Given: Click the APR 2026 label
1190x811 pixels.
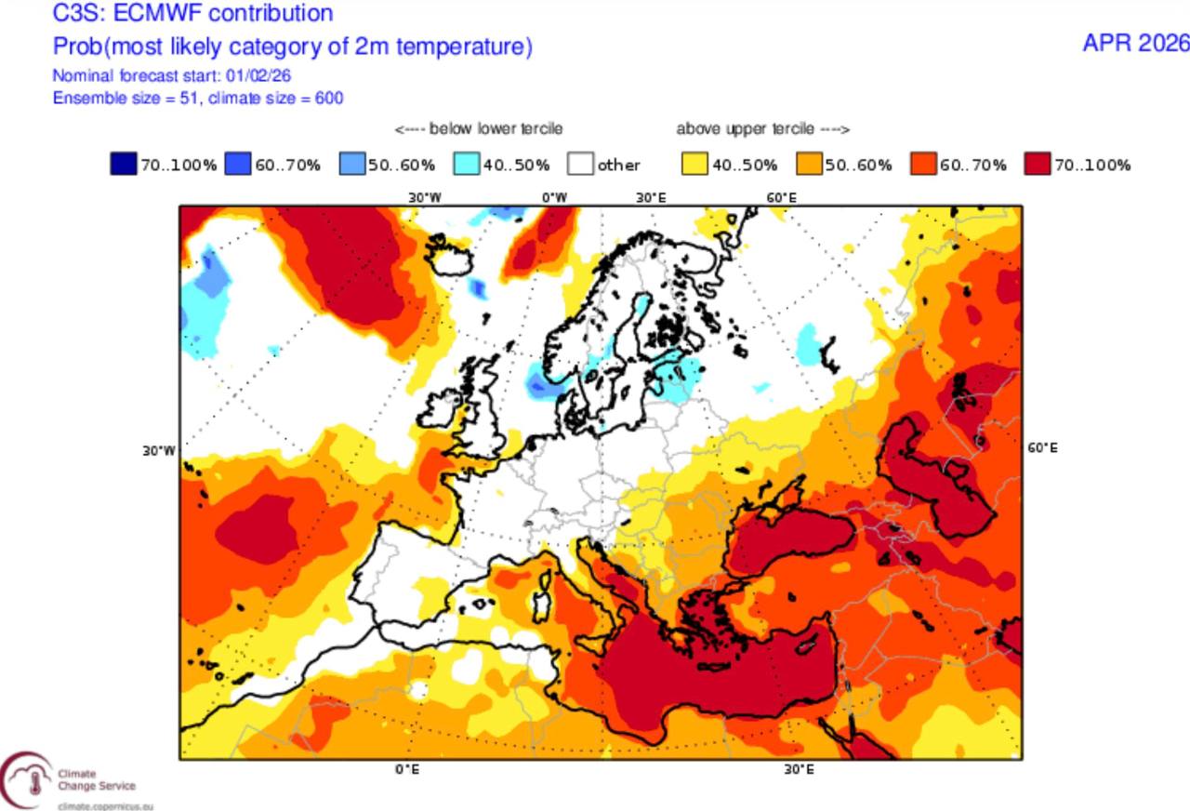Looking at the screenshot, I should coord(1135,43).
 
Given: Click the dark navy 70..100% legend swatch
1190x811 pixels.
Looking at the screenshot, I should coord(124,165).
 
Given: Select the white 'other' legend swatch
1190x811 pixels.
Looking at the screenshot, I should coord(581,165).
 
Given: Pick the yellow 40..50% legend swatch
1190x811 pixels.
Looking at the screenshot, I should coord(695,165).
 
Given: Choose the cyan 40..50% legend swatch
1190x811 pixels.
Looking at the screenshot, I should coord(467,165).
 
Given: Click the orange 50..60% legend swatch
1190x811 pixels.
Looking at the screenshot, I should coord(809,165).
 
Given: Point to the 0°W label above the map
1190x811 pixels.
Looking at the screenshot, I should coord(554,197).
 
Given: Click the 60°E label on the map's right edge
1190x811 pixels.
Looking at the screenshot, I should coord(1041,447).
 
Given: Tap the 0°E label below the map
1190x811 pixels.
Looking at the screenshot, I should coord(406,770).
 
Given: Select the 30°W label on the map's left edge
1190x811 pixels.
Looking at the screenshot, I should coord(158,450).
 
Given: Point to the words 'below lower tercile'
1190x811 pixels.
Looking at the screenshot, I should coord(495,128).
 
